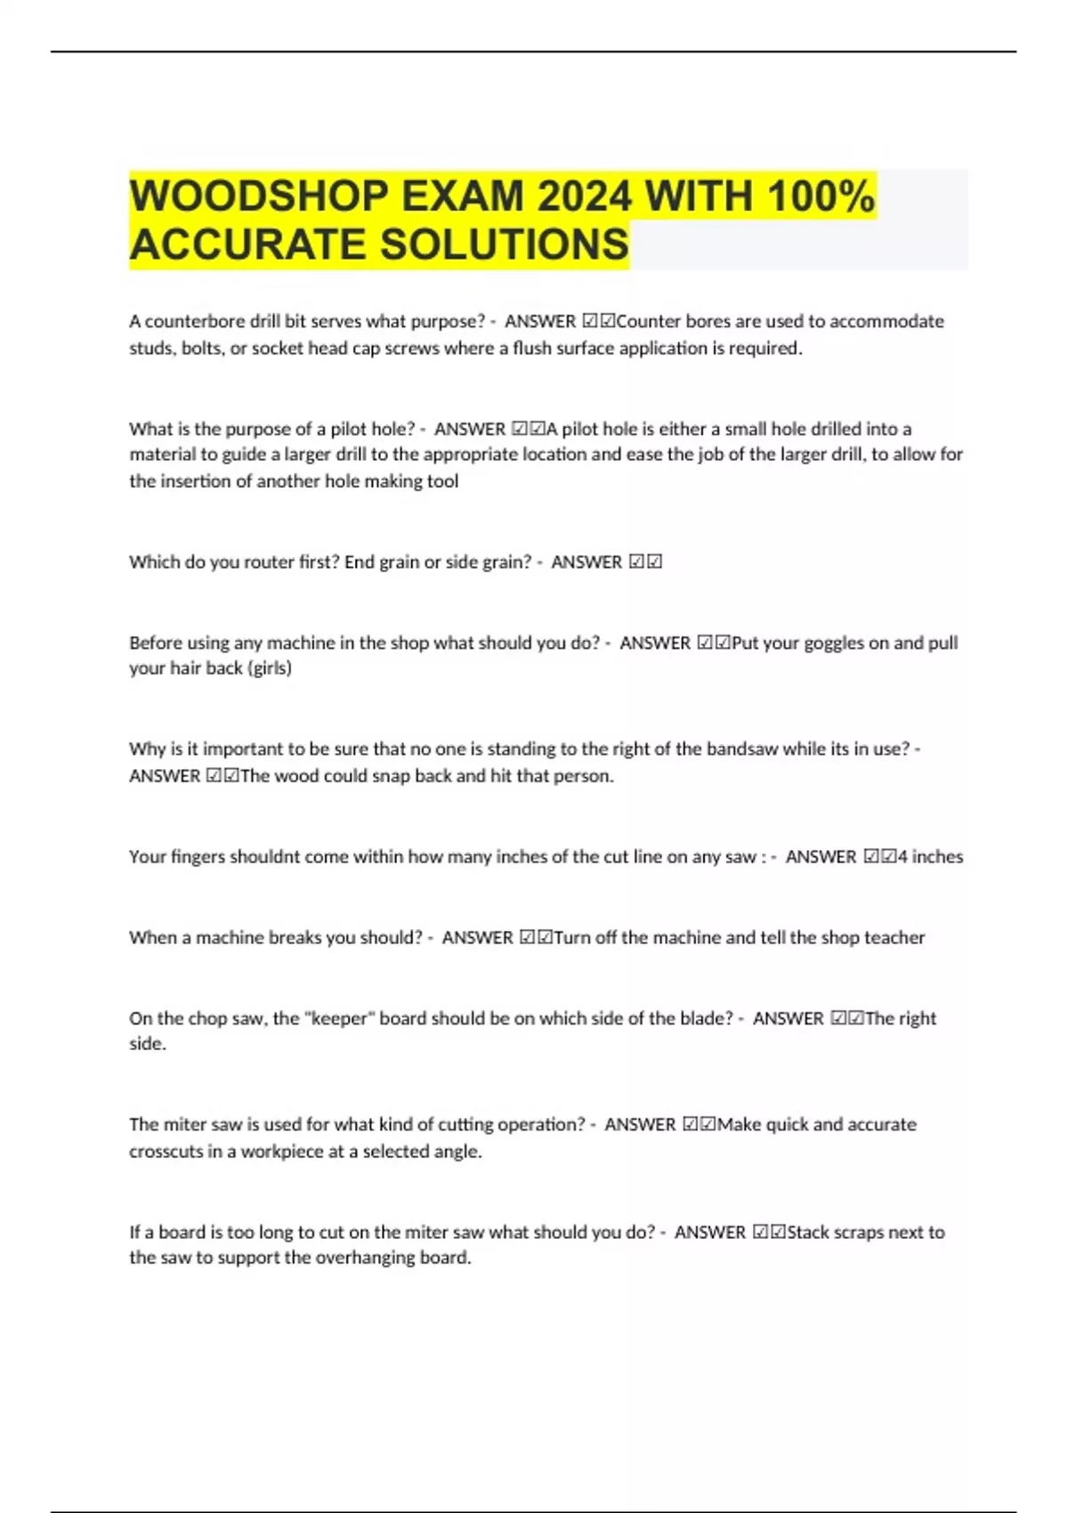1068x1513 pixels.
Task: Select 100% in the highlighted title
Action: [820, 197]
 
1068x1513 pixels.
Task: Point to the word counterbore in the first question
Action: [194, 321]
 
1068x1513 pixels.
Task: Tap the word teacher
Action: [894, 938]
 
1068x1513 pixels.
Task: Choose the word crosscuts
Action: [166, 1152]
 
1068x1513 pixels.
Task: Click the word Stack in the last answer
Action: [808, 1233]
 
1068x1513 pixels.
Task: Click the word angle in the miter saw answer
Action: [456, 1152]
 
